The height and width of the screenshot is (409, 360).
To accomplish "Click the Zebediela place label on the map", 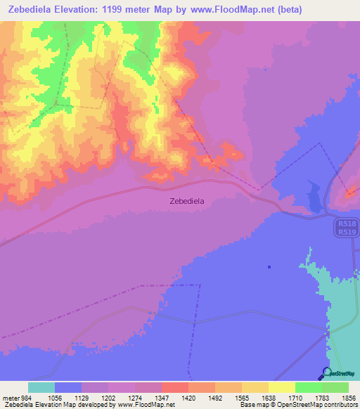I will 187,201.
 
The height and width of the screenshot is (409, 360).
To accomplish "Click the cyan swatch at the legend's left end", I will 41,387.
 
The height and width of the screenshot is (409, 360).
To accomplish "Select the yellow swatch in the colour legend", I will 281,387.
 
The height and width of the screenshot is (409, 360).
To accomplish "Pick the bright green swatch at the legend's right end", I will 335,387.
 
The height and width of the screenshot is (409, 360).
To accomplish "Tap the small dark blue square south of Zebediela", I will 269,266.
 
